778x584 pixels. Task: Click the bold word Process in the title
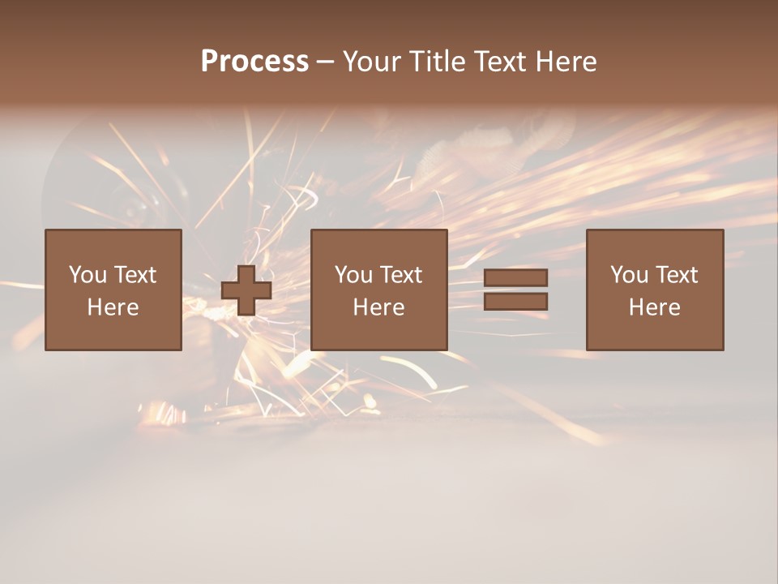click(x=254, y=61)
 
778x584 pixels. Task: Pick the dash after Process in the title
click(x=325, y=62)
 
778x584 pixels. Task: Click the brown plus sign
click(x=246, y=290)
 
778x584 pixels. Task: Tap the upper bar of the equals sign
click(x=515, y=278)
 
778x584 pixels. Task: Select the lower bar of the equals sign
click(x=515, y=302)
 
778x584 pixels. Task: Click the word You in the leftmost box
click(x=88, y=275)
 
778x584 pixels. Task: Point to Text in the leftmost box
click(x=135, y=275)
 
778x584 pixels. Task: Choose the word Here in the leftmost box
click(x=113, y=307)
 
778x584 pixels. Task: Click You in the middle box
click(x=353, y=275)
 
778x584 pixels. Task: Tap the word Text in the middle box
click(x=401, y=275)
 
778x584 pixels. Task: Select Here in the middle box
click(x=378, y=307)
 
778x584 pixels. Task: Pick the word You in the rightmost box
click(x=629, y=275)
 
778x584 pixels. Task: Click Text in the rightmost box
click(x=677, y=275)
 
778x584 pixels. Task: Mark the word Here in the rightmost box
click(x=654, y=307)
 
